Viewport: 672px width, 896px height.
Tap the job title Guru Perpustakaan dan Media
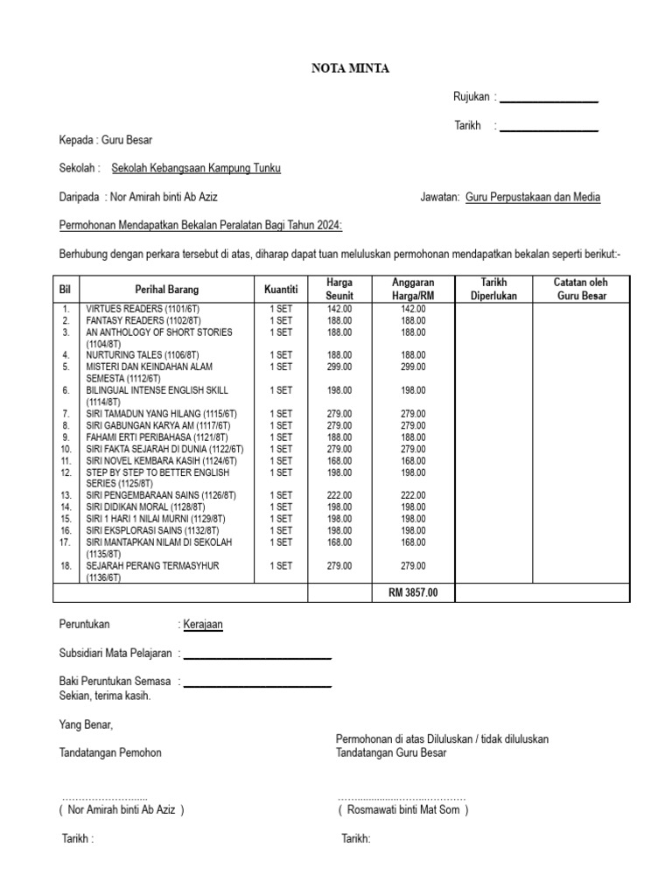click(x=533, y=198)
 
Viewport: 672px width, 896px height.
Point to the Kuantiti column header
click(x=281, y=289)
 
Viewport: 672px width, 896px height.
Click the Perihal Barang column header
click(x=166, y=289)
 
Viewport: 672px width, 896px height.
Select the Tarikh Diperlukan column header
click(x=494, y=289)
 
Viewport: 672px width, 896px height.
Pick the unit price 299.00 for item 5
click(x=339, y=367)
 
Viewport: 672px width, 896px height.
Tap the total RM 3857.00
click(x=412, y=593)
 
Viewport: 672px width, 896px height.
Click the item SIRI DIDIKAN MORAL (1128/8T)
click(x=145, y=507)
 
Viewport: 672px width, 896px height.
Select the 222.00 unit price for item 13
click(x=339, y=495)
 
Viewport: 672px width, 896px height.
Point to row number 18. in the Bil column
click(x=66, y=566)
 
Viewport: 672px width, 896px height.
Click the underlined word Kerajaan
click(x=203, y=625)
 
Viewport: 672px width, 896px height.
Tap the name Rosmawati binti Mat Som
click(x=403, y=809)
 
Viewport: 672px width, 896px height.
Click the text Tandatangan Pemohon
click(x=110, y=752)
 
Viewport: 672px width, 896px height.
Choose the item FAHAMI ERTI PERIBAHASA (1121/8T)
click(x=157, y=437)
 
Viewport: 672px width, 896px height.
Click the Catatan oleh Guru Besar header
click(x=582, y=289)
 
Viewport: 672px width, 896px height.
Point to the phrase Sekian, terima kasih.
click(x=105, y=696)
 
